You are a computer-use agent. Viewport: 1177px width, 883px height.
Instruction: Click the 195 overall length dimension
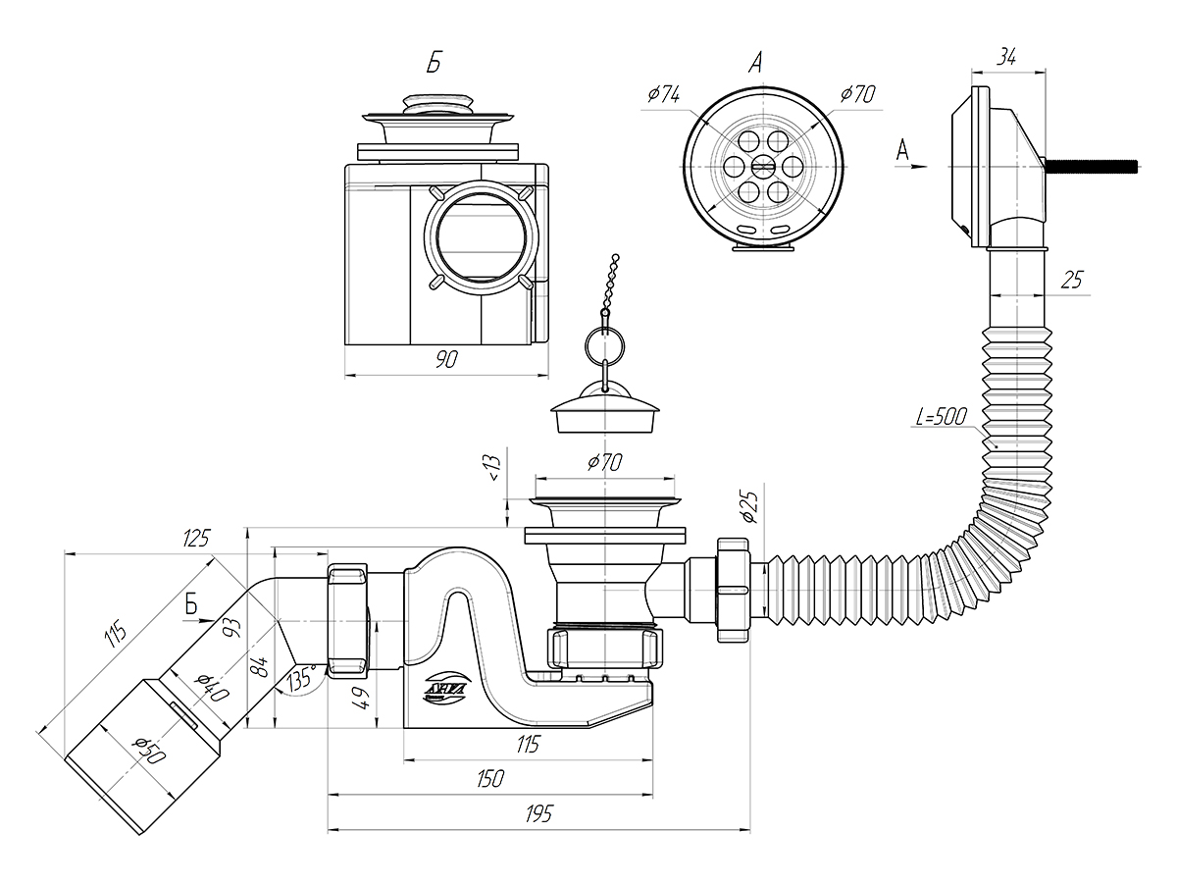coord(538,814)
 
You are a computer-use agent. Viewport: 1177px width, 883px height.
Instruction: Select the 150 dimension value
coord(490,778)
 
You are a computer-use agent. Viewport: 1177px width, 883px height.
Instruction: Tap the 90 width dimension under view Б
coord(446,359)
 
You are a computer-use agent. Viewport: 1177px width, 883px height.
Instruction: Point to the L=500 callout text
coord(941,416)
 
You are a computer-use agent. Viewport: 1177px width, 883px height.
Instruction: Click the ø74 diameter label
coord(664,95)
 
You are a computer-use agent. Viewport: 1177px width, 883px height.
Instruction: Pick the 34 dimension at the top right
coord(1006,57)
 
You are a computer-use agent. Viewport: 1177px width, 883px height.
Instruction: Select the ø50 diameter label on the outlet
coord(151,750)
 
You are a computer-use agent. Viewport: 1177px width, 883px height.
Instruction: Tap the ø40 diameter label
coord(213,687)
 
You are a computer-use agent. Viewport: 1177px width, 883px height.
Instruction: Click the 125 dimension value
coord(195,538)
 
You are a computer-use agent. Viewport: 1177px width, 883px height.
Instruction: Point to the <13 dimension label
coord(494,469)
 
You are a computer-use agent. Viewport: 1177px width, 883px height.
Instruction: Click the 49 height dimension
coord(362,698)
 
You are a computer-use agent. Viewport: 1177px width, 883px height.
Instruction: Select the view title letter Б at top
coord(434,63)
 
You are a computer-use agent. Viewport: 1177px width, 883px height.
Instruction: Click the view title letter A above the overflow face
coord(755,63)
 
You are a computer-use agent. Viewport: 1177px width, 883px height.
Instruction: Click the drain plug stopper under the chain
coord(604,409)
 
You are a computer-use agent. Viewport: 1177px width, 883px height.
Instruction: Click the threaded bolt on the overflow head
coord(1091,166)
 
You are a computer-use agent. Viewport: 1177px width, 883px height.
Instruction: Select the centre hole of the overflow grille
coord(763,166)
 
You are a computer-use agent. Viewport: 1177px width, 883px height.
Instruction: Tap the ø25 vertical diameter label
coord(750,506)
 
